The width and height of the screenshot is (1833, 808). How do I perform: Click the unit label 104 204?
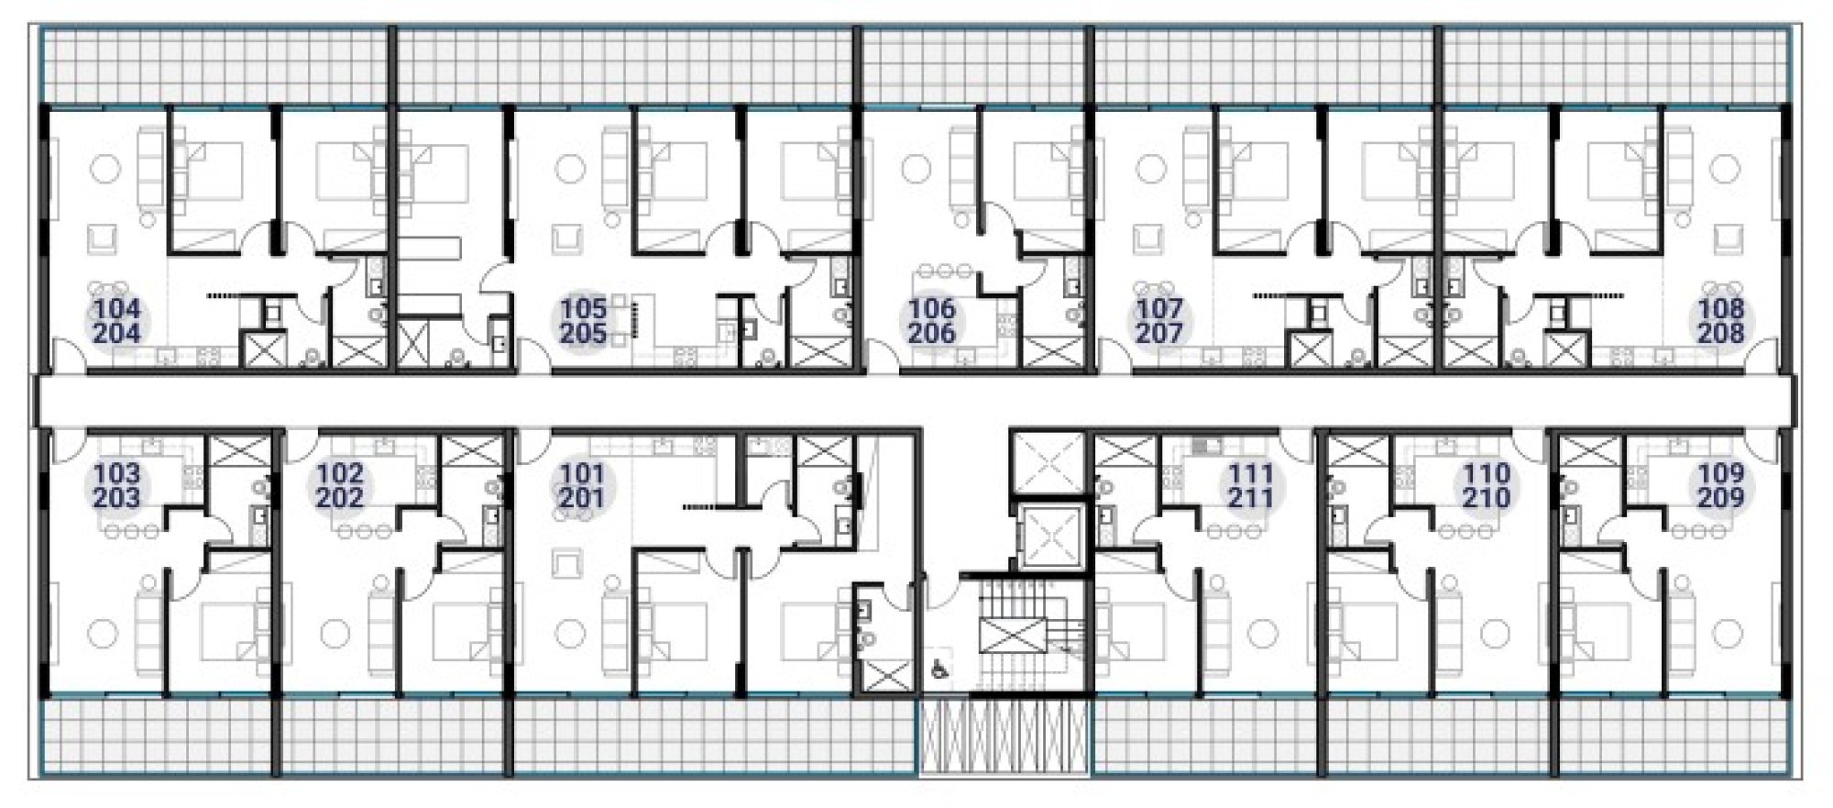pyautogui.click(x=117, y=321)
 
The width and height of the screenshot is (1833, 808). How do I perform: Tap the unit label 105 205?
pyautogui.click(x=584, y=321)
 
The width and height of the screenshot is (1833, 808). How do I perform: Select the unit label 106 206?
pyautogui.click(x=932, y=321)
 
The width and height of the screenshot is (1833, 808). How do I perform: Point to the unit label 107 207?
pyautogui.click(x=1159, y=321)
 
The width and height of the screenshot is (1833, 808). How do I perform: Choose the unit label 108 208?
pyautogui.click(x=1720, y=321)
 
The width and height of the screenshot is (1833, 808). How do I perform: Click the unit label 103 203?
pyautogui.click(x=117, y=486)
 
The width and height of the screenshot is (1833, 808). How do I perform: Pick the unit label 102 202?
pyautogui.click(x=340, y=486)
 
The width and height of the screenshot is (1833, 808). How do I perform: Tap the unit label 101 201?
pyautogui.click(x=582, y=486)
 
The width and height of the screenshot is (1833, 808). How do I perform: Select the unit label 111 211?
pyautogui.click(x=1250, y=486)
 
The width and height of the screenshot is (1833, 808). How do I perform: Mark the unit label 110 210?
pyautogui.click(x=1486, y=486)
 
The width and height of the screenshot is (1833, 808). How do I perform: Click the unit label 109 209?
pyautogui.click(x=1720, y=486)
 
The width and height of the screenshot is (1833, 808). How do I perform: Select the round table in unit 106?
pyautogui.click(x=916, y=170)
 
